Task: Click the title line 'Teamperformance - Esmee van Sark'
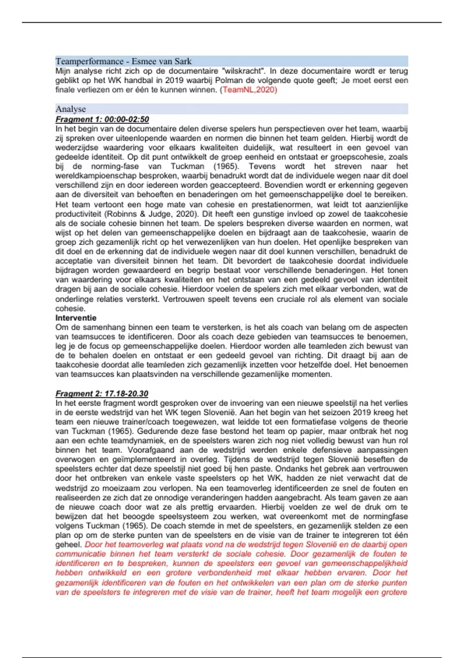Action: coord(123,61)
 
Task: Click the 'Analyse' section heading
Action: coord(70,109)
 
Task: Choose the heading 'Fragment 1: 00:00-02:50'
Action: coord(102,119)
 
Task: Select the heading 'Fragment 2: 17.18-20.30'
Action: coord(102,394)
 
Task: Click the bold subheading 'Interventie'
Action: coord(76,318)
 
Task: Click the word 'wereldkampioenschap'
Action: coord(93,176)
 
